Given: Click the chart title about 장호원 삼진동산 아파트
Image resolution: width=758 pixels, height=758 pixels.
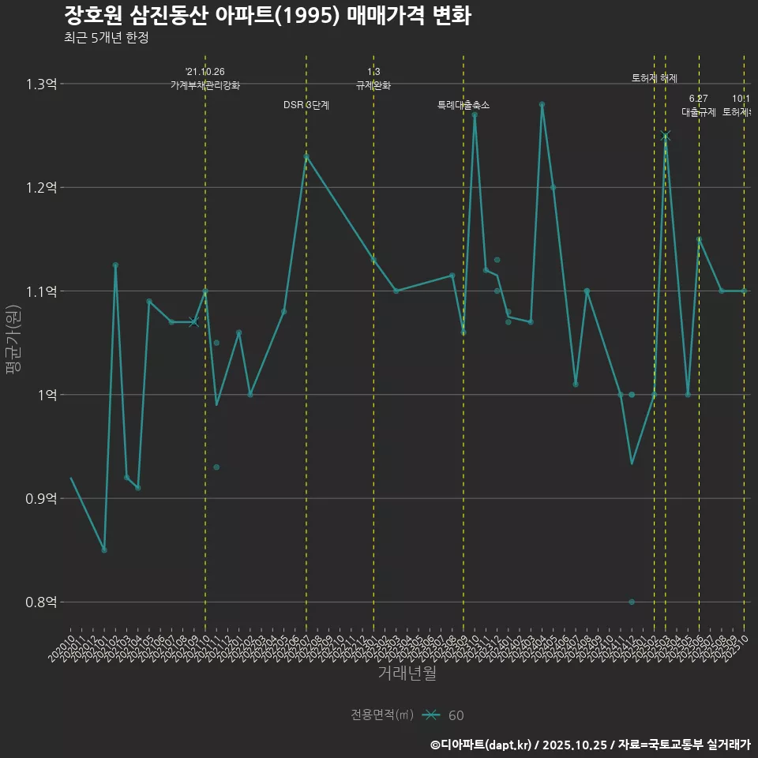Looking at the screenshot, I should tap(268, 16).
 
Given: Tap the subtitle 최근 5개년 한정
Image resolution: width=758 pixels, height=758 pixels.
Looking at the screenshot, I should tap(106, 38).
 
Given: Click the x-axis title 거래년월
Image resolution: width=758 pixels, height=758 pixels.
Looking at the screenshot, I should tap(407, 674).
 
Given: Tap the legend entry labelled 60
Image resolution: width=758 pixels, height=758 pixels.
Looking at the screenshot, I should tap(456, 715).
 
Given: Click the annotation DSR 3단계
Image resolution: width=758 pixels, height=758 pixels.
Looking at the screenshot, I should tap(306, 105).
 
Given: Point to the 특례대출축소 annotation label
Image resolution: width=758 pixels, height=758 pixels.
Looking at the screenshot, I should tap(463, 105).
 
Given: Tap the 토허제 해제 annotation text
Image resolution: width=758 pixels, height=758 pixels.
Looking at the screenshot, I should tap(655, 78).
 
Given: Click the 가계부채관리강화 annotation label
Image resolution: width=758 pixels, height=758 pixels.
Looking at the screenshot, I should tap(205, 85).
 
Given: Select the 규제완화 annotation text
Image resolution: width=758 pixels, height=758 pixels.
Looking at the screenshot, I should tap(373, 85).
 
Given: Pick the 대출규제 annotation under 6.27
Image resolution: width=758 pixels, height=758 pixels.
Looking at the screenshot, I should tap(699, 112).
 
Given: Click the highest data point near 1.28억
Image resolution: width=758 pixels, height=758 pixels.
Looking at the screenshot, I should tap(542, 104).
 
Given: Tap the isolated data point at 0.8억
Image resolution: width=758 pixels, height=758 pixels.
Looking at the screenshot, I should tap(632, 602).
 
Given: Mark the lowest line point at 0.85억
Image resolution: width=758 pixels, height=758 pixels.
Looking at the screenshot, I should tap(104, 550).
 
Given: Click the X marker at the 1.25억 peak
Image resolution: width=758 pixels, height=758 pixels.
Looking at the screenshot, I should tap(666, 136).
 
